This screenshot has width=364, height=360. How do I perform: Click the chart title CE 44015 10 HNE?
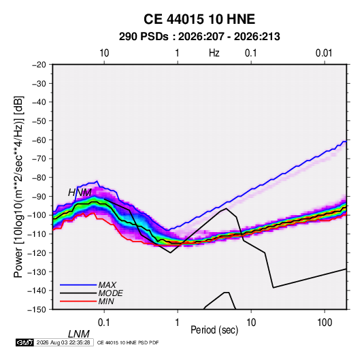click(199, 19)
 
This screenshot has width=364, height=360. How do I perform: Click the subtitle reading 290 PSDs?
click(144, 37)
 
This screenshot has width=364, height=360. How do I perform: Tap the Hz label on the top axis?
click(214, 53)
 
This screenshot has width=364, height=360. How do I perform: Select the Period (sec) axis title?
click(214, 330)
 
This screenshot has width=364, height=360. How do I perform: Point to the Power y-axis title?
click(18, 186)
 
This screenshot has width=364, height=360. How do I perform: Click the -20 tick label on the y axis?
click(39, 65)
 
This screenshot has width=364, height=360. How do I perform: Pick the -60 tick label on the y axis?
click(39, 140)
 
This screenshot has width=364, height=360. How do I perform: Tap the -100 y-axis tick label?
click(37, 215)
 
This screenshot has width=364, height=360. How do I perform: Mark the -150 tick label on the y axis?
click(37, 310)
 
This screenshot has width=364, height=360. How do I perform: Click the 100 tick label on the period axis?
click(325, 323)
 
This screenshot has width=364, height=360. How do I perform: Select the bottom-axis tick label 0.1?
click(104, 323)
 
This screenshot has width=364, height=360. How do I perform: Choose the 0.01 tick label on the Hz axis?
click(324, 53)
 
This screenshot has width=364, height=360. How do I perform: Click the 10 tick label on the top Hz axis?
click(104, 53)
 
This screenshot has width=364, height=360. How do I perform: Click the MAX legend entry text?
click(107, 285)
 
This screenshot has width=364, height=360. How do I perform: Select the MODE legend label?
click(110, 293)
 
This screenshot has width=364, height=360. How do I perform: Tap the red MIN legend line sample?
click(78, 301)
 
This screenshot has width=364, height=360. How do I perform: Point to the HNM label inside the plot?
click(80, 193)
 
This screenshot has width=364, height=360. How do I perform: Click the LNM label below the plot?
click(79, 334)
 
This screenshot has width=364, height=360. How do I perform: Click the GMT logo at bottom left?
click(25, 342)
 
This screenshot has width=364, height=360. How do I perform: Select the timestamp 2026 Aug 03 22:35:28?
click(63, 342)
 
